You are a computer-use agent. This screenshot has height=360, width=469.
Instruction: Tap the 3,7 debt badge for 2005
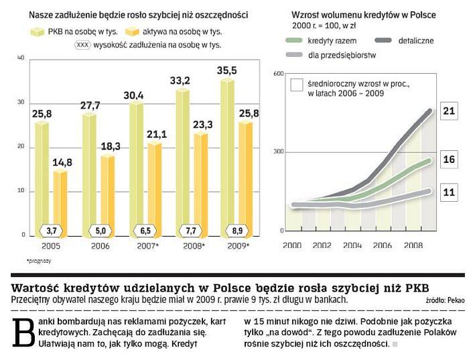(51, 231)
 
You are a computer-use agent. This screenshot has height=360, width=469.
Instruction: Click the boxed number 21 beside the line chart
(448, 111)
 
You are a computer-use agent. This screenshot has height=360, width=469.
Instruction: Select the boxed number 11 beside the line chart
(448, 192)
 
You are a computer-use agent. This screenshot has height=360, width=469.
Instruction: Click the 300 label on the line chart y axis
(279, 152)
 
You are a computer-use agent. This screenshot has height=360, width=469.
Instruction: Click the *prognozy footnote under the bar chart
(39, 259)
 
